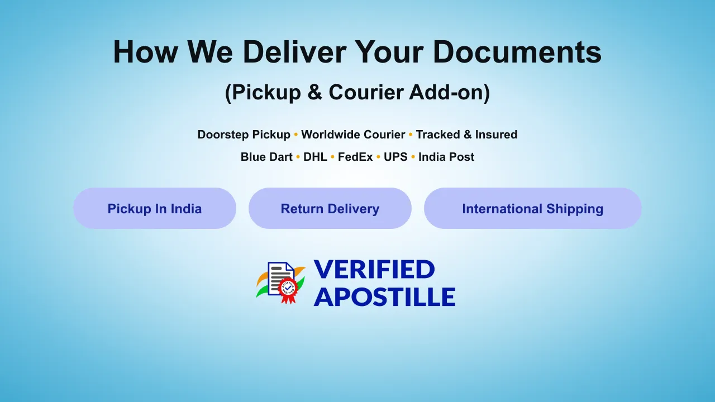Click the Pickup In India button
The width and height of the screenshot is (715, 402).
click(x=155, y=208)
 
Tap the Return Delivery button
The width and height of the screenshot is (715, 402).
click(x=330, y=208)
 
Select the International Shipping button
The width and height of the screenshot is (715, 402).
click(x=533, y=208)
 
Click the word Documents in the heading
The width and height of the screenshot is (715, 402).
click(x=517, y=52)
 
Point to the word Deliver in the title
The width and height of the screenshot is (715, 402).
click(x=294, y=52)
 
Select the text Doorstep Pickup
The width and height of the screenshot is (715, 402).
click(x=244, y=135)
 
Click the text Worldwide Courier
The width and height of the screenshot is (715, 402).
click(x=353, y=135)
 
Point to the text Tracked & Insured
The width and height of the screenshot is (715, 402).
click(x=466, y=135)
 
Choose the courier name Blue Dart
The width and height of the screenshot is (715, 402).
click(x=266, y=157)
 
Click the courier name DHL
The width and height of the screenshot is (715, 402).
click(x=315, y=157)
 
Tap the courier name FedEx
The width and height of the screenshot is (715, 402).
click(x=355, y=157)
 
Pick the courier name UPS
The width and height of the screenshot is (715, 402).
click(x=395, y=157)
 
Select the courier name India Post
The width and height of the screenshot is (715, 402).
click(x=446, y=157)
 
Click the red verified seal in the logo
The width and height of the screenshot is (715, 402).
click(x=288, y=289)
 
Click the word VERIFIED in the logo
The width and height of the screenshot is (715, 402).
click(x=374, y=269)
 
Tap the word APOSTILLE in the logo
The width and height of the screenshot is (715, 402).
click(x=385, y=296)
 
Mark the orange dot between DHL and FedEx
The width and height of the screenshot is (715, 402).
click(x=332, y=157)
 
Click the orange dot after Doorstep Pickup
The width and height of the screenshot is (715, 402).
click(x=295, y=135)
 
